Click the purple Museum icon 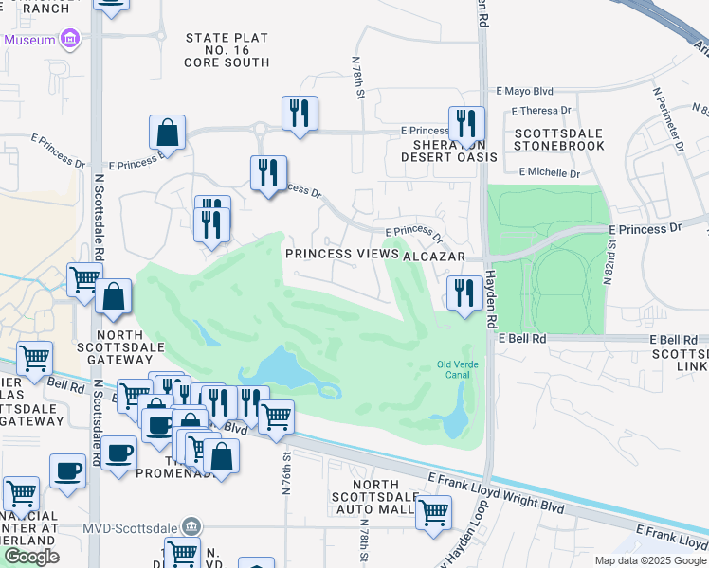[69, 40]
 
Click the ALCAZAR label [435, 257]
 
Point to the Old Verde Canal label [459, 368]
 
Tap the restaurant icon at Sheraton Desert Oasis [465, 124]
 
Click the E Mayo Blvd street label [524, 93]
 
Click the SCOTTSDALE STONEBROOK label [558, 140]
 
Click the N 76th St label [286, 470]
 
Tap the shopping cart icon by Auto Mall [433, 513]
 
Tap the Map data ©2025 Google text [649, 560]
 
